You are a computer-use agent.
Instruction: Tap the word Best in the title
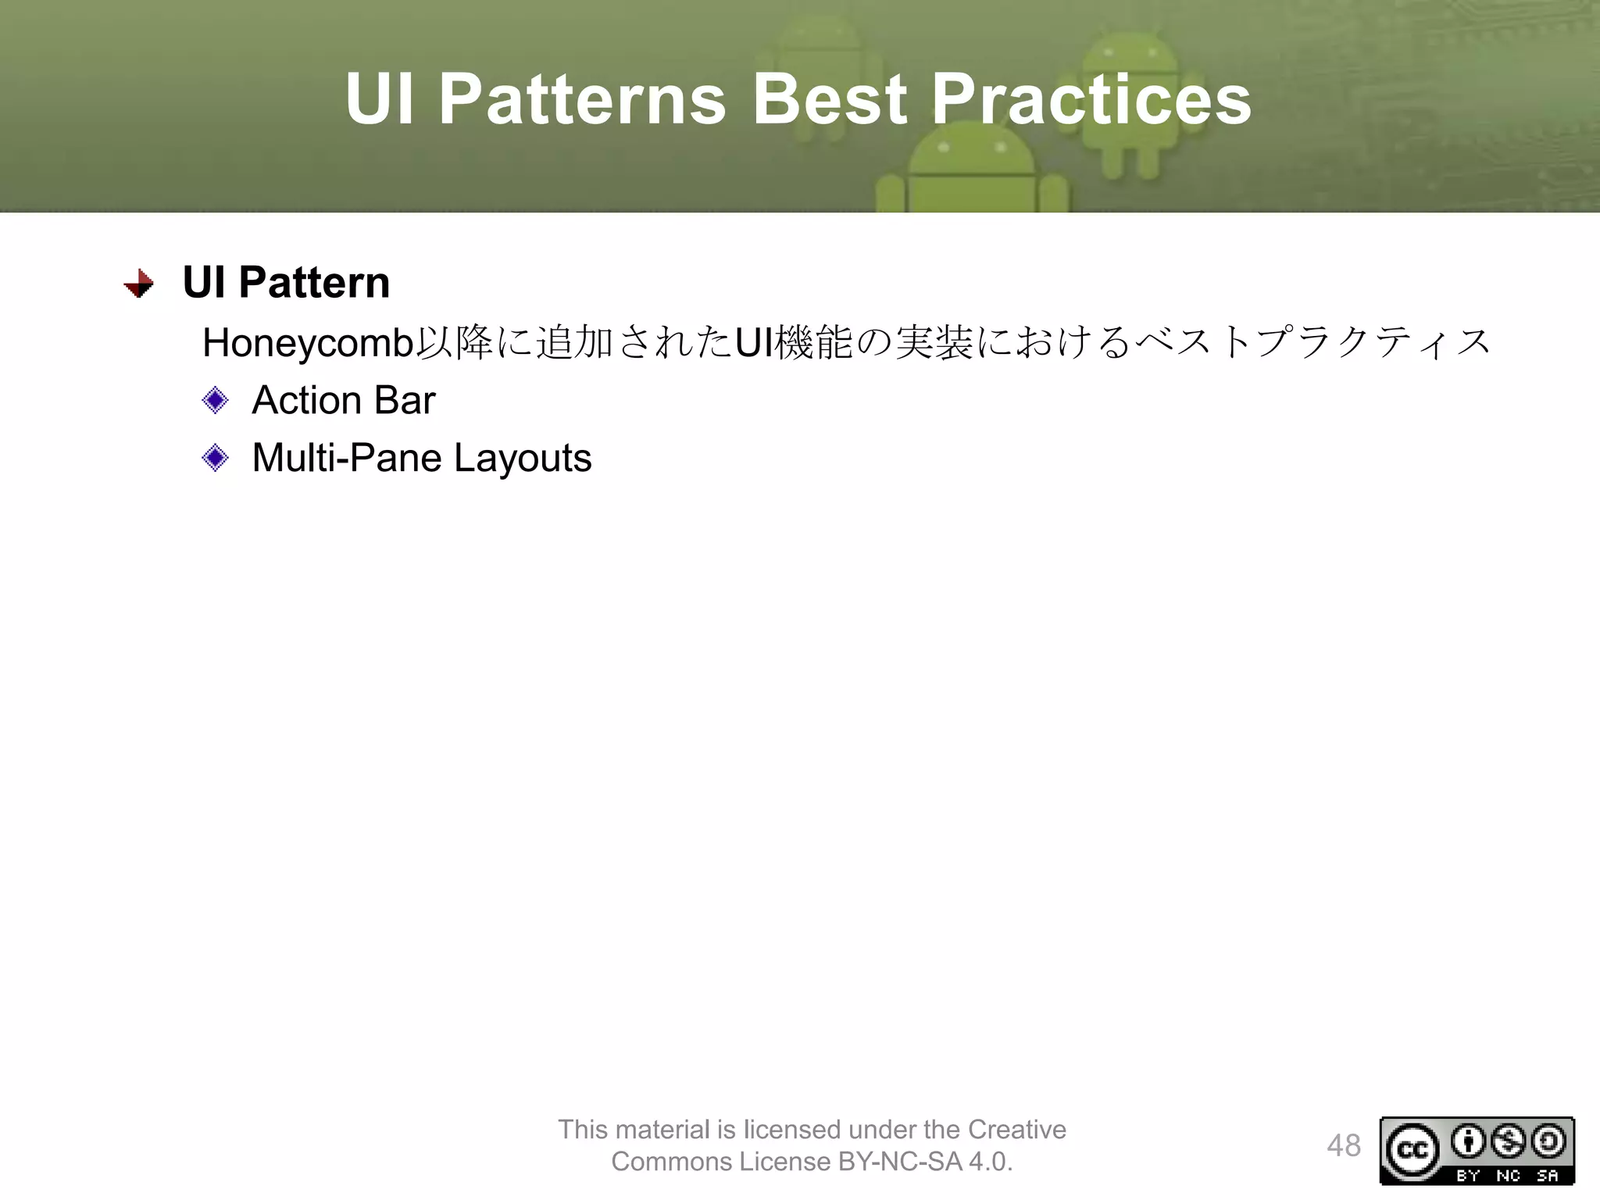coord(829,99)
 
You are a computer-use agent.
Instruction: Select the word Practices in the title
coord(1091,99)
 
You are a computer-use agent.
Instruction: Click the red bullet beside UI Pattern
coord(139,284)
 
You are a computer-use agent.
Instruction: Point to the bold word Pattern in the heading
coord(313,282)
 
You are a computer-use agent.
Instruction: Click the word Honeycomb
coord(308,343)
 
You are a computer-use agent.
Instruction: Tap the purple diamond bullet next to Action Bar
coord(215,401)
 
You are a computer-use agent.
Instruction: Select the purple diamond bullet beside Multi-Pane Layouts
coord(215,458)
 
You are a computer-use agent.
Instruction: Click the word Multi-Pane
coord(346,458)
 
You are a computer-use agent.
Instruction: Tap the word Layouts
coord(523,458)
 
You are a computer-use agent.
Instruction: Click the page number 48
coord(1343,1146)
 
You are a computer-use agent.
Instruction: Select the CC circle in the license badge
coord(1412,1150)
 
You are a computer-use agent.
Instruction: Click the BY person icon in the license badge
coord(1468,1142)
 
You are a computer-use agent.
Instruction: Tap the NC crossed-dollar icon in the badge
coord(1508,1142)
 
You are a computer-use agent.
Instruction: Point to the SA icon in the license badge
coord(1548,1142)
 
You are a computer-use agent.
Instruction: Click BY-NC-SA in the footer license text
coord(900,1162)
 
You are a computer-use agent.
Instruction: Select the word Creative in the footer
coord(1016,1130)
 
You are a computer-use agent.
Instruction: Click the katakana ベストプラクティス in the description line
coord(1312,343)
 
